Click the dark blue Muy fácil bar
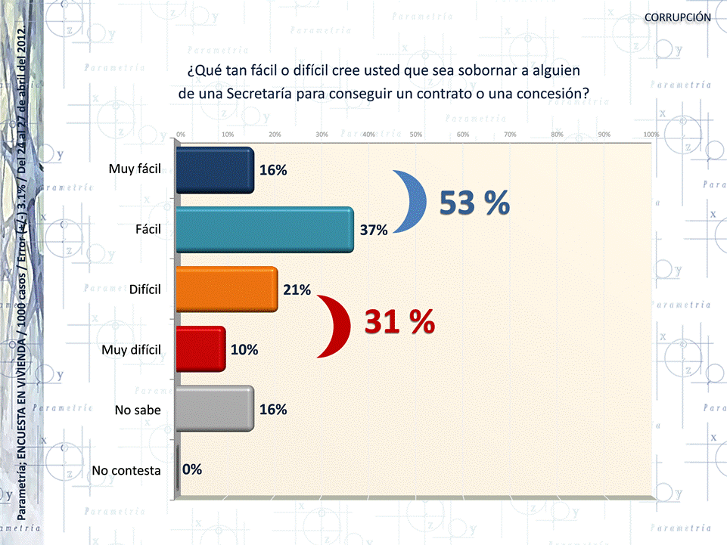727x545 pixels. [x=215, y=170]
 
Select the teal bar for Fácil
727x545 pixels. [x=265, y=229]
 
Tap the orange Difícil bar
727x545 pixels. [x=227, y=289]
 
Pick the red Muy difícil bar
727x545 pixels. [x=200, y=348]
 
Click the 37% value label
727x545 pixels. [x=374, y=231]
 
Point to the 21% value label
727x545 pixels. [x=297, y=290]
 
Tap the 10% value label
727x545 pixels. [x=245, y=349]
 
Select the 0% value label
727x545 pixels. [x=192, y=469]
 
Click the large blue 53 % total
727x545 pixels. [x=474, y=203]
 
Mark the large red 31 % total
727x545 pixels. [x=399, y=323]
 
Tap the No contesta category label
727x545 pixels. [x=126, y=470]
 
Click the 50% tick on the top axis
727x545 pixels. [x=415, y=135]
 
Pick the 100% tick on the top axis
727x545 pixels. [x=651, y=135]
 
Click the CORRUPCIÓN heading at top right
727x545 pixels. [x=677, y=17]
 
